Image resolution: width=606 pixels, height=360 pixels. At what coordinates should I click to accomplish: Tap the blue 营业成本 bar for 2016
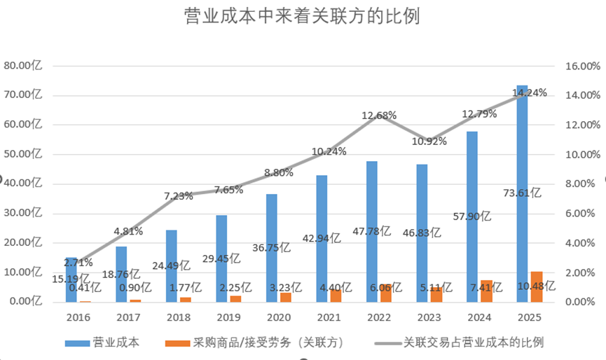[71, 280]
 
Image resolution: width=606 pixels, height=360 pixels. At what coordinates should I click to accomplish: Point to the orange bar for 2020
[286, 297]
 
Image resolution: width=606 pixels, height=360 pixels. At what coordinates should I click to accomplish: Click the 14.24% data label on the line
[530, 93]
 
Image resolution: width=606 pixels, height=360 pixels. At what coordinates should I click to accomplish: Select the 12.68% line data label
[379, 116]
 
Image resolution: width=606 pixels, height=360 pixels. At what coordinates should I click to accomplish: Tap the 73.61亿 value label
[522, 193]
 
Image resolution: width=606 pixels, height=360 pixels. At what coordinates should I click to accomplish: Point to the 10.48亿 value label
[537, 286]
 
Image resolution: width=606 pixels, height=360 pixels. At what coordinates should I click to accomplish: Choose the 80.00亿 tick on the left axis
[23, 65]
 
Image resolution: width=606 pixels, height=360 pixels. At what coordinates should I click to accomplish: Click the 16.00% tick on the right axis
[582, 66]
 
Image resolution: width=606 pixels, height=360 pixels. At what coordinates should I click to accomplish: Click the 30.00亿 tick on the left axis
[23, 213]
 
